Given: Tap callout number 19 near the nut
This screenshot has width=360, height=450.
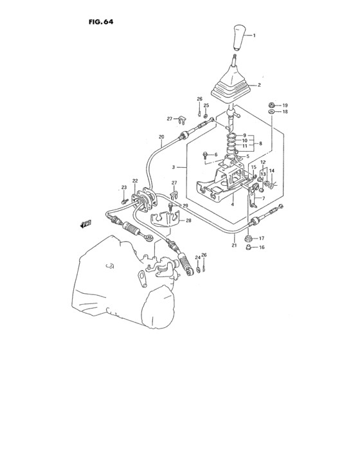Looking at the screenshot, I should click(x=285, y=105).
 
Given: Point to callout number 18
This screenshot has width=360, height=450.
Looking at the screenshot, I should click(x=285, y=112).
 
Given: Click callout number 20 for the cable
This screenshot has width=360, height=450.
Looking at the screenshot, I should click(x=161, y=136).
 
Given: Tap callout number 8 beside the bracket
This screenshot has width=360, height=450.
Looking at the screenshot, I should click(x=260, y=144).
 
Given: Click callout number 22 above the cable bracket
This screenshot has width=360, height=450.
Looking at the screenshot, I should click(x=135, y=181).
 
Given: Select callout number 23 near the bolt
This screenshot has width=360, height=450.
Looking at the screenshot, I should click(x=124, y=187).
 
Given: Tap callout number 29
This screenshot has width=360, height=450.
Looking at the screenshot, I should click(x=185, y=205).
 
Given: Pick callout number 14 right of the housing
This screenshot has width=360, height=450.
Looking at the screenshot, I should click(x=272, y=170).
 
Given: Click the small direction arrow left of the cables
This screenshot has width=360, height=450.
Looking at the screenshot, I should click(x=85, y=224).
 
